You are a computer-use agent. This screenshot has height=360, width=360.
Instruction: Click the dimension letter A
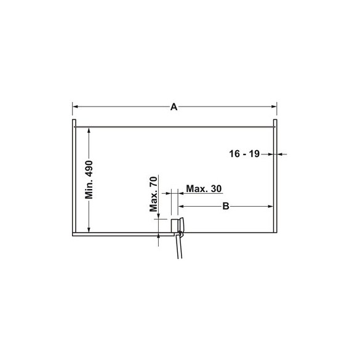pos(174,106)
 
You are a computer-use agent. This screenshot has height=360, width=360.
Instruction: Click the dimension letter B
pos(226,206)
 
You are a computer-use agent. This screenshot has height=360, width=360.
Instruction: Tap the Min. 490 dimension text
pos(89,180)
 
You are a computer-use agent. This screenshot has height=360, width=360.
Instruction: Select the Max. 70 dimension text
pos(153,194)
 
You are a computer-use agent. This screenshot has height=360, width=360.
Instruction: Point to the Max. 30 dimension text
pos(204,189)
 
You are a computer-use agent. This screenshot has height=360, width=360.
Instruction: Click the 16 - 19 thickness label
pos(244,154)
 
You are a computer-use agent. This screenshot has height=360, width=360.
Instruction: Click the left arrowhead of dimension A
pos(75,106)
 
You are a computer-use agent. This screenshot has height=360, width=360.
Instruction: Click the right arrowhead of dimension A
pos(274,106)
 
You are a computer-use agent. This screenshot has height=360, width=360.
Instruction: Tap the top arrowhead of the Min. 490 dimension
pos(89,130)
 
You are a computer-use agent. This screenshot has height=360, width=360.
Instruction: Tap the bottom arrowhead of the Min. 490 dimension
pos(89,230)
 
